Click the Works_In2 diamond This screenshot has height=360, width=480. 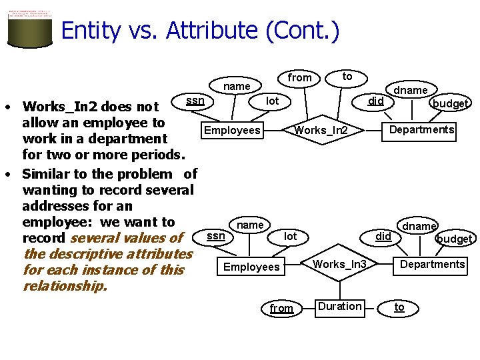tap(321, 130)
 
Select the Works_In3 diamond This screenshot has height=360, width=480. tap(340, 265)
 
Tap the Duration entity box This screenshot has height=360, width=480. tap(340, 307)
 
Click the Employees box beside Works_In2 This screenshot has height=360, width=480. tap(233, 130)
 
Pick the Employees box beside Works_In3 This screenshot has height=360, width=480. tap(251, 267)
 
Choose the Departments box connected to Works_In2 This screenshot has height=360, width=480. tap(422, 129)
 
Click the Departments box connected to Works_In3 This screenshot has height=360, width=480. tap(432, 265)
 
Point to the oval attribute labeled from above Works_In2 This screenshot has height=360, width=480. tap(299, 78)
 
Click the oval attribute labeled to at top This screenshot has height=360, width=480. tap(347, 77)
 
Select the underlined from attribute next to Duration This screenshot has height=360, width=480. tap(281, 308)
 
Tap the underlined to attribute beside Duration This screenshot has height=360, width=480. tap(399, 307)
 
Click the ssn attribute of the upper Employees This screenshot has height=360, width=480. tap(195, 101)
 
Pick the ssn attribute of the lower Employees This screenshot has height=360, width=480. tap(215, 236)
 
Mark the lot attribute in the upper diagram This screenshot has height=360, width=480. tap(272, 101)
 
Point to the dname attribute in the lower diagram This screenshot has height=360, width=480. tap(419, 226)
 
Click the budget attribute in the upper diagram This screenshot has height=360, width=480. tap(450, 103)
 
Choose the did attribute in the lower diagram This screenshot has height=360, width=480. tap(383, 236)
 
